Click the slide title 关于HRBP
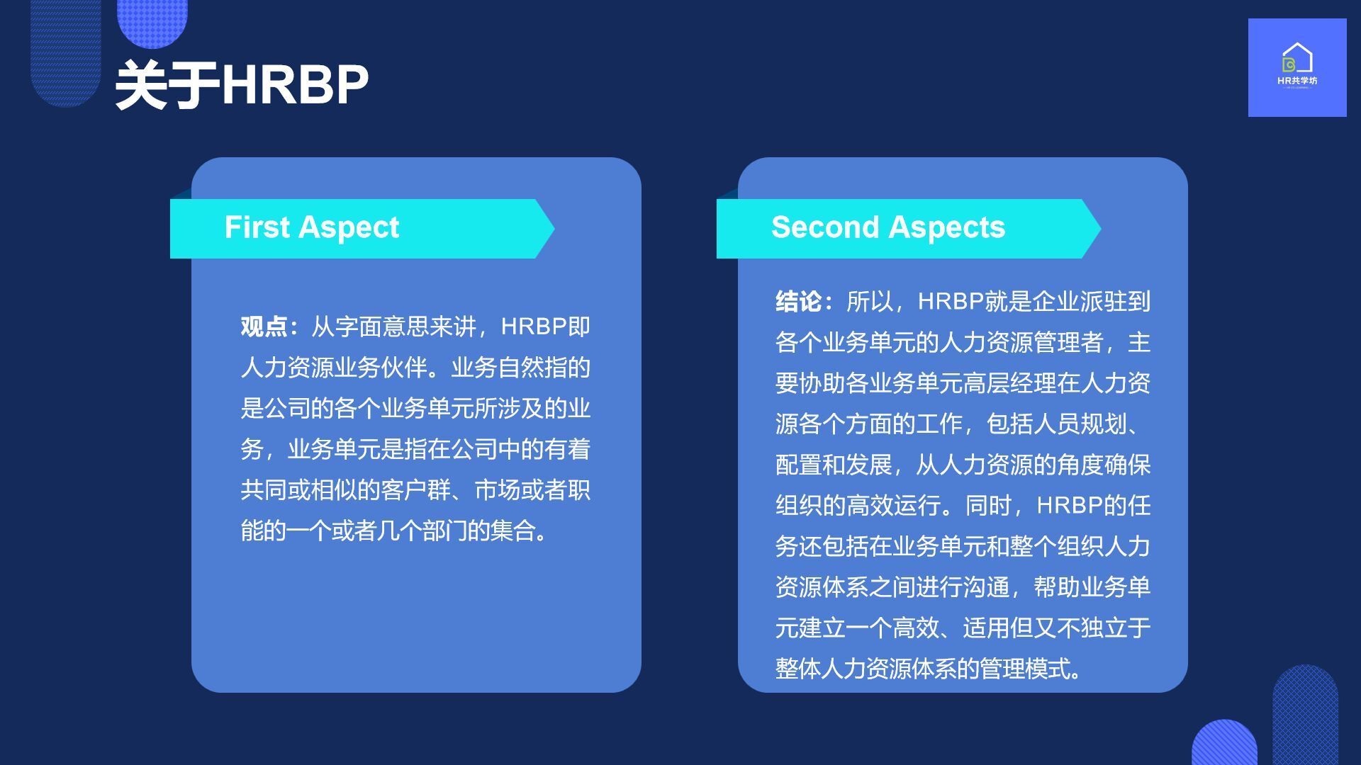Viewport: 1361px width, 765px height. coord(242,85)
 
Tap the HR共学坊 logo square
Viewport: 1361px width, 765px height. coord(1297,67)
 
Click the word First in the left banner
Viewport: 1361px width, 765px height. coord(257,227)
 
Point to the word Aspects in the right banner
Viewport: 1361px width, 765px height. coord(947,228)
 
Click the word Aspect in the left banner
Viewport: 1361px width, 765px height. coord(349,228)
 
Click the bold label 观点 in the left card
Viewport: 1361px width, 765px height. coord(264,327)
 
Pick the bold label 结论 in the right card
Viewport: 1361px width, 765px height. coord(798,302)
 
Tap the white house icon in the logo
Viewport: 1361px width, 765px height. coord(1297,57)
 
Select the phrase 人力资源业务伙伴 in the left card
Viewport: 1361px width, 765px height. coord(334,368)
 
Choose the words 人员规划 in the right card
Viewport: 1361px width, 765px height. coord(1080,424)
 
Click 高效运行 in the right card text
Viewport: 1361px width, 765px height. coord(893,506)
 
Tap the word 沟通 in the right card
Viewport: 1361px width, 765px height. coord(986,587)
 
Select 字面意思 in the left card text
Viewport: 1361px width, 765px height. coord(381,327)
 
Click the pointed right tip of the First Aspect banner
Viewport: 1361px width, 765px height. coord(554,229)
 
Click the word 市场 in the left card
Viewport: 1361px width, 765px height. coord(498,490)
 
